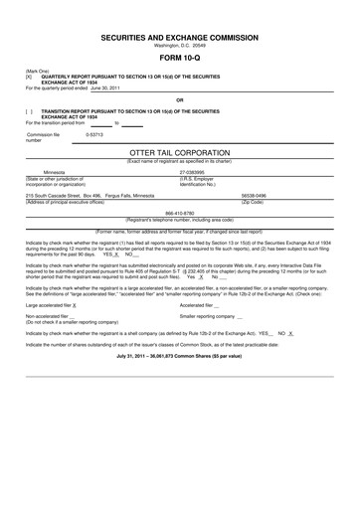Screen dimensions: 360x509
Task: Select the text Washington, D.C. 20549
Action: click(x=179, y=45)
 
